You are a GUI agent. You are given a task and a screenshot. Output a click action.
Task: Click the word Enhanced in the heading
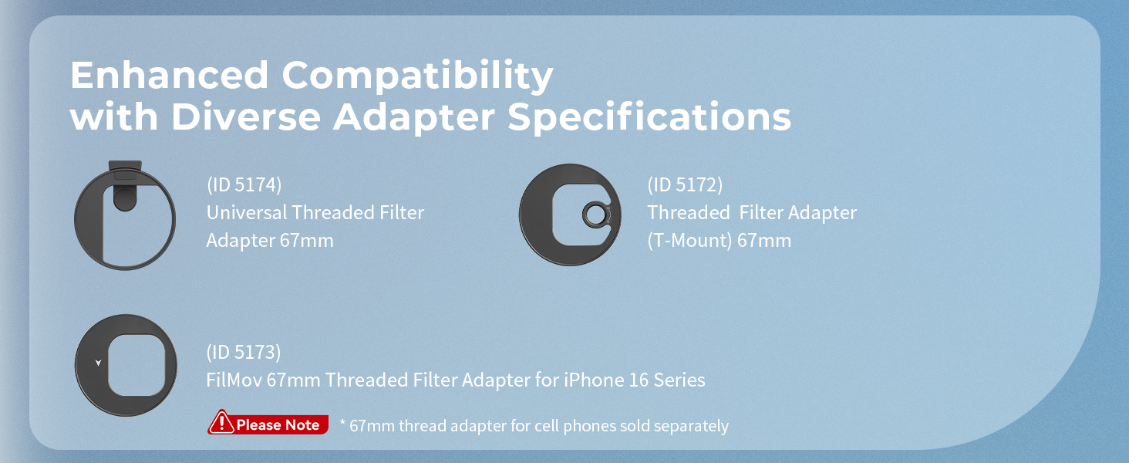pos(169,75)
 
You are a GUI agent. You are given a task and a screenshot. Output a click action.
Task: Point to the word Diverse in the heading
pos(245,117)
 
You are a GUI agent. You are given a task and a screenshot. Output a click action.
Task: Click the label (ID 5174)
pos(244,184)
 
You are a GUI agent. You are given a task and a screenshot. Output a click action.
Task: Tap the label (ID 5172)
pos(685,184)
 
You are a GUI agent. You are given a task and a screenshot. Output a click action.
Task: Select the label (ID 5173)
pos(244,352)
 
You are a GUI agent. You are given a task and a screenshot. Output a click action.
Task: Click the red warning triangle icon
pos(222,422)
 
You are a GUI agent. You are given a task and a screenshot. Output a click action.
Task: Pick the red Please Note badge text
pos(278,424)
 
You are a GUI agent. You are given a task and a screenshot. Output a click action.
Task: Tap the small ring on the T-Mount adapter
pos(596,215)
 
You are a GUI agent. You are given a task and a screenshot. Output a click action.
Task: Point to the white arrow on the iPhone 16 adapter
pos(98,363)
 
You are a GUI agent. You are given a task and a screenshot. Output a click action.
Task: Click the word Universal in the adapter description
pos(247,212)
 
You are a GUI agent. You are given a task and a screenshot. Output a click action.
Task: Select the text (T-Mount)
pos(689,241)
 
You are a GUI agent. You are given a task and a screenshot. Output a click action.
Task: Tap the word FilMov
pos(234,380)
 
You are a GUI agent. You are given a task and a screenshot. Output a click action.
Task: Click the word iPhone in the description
pos(594,380)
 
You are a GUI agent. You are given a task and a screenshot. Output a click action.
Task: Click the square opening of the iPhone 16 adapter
pos(136,365)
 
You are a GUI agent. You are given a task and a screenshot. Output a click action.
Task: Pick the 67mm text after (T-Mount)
pos(764,241)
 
